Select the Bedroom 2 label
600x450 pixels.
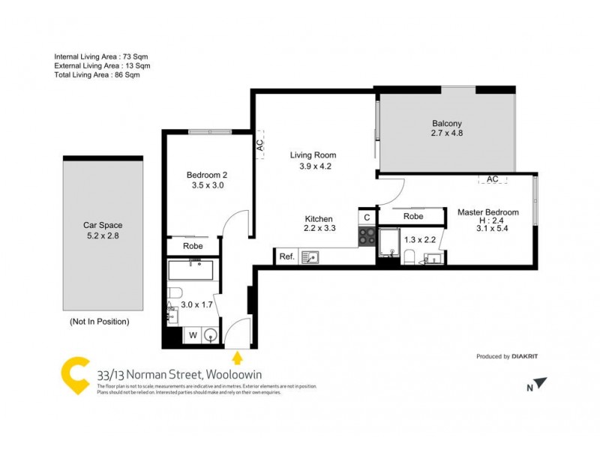click(x=206, y=175)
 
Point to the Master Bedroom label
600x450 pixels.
click(x=487, y=212)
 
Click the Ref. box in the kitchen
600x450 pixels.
click(x=286, y=256)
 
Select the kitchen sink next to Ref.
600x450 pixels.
click(x=310, y=257)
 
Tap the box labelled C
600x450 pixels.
click(x=367, y=217)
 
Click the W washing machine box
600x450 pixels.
click(x=191, y=335)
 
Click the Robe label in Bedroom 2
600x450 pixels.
click(x=192, y=245)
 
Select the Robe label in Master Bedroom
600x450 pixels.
click(x=413, y=216)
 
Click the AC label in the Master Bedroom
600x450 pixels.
click(x=493, y=179)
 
